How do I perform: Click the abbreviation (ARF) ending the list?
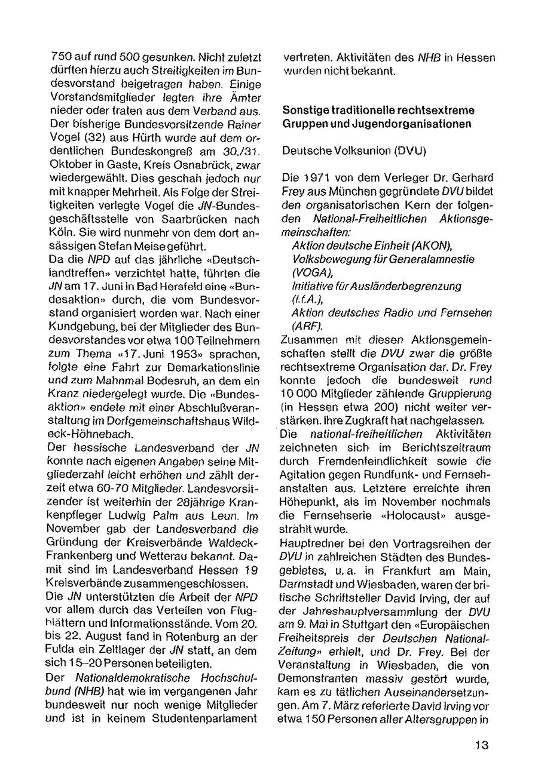pos(307,326)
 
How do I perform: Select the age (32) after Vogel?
pos(83,139)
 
